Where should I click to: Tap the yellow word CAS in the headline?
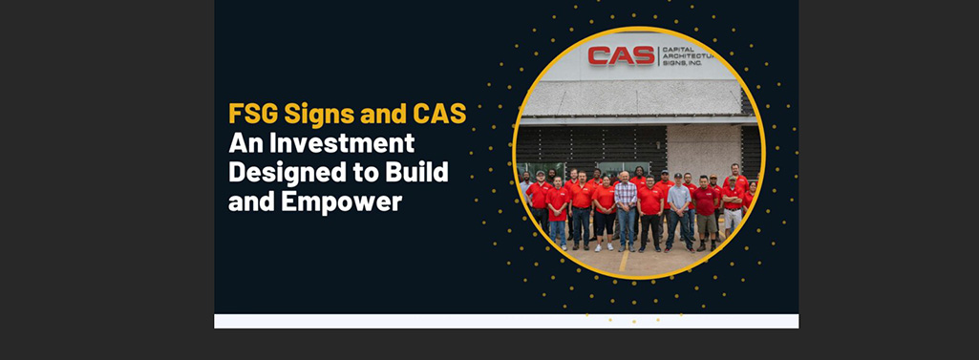[x=438, y=115]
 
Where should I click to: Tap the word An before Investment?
[x=245, y=143]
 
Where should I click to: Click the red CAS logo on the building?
[x=621, y=55]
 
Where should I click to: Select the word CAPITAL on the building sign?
[x=679, y=49]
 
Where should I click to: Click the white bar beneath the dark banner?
[x=506, y=321]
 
